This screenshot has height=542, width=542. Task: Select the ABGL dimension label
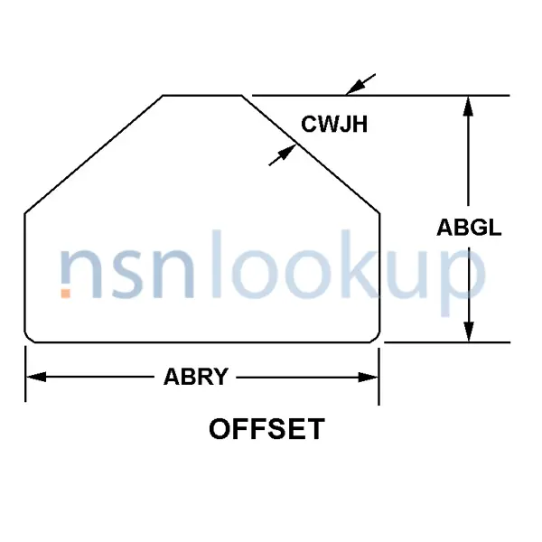point(469,228)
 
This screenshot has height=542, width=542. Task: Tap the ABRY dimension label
point(195,378)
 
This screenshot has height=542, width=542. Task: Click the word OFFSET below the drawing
point(266,428)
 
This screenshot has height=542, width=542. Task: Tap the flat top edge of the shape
point(201,95)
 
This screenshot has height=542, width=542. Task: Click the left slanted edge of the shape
point(93,154)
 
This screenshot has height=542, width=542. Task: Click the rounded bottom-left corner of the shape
point(29,338)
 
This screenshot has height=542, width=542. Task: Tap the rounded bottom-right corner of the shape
point(375,338)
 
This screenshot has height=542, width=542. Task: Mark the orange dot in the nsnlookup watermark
point(65,293)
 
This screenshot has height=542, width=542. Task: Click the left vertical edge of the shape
point(24,271)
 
